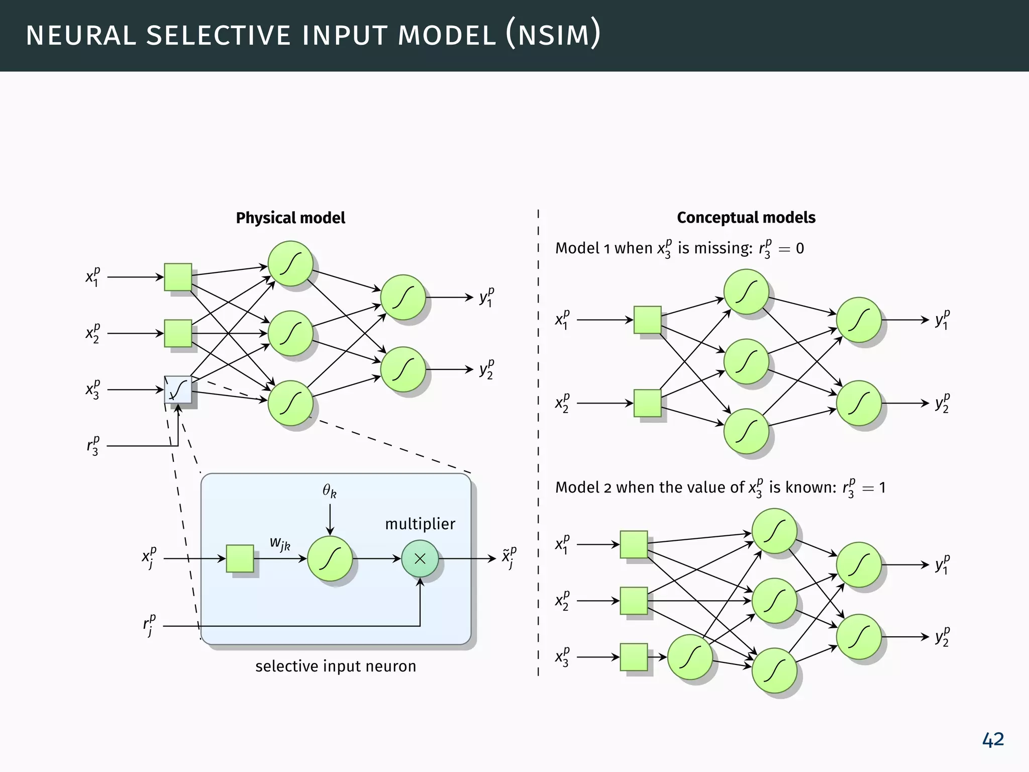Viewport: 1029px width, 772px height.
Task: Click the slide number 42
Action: [x=992, y=739]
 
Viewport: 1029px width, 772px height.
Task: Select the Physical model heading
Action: [x=290, y=218]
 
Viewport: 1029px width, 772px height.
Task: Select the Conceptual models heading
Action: [x=746, y=217]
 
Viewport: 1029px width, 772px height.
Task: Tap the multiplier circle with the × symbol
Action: [x=420, y=558]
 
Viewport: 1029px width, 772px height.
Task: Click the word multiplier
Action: [x=420, y=524]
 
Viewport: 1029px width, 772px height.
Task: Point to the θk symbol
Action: [x=330, y=491]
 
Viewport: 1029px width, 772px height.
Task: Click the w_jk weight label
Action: [x=280, y=543]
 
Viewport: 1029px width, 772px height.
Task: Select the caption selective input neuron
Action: [x=336, y=666]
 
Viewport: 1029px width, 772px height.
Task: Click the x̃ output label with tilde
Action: [x=509, y=558]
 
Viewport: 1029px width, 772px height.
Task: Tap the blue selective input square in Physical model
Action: [x=178, y=390]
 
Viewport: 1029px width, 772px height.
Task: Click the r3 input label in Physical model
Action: [x=92, y=445]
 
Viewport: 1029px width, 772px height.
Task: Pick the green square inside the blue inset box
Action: [x=240, y=558]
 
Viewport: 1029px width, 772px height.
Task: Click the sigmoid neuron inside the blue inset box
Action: [x=330, y=558]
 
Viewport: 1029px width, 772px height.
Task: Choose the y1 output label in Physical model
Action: [x=486, y=297]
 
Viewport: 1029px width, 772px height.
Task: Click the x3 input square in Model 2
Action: [x=634, y=657]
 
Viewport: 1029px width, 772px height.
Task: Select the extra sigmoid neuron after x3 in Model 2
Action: [x=690, y=657]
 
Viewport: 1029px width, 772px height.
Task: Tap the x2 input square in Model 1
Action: [x=647, y=403]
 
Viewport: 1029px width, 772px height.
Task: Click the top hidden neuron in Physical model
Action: [x=290, y=263]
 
